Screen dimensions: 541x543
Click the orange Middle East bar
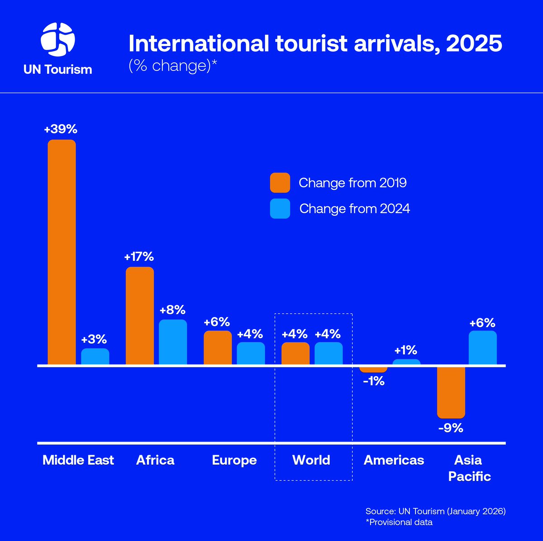click(x=62, y=252)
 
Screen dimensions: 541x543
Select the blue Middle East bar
click(x=95, y=356)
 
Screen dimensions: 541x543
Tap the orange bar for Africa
click(x=140, y=315)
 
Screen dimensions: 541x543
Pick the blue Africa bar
click(x=173, y=342)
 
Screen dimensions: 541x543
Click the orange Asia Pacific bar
click(x=451, y=392)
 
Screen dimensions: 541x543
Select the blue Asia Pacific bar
click(x=483, y=347)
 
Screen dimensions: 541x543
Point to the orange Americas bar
click(x=373, y=369)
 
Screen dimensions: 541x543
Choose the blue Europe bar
click(x=251, y=353)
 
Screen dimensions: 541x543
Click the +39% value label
click(x=61, y=129)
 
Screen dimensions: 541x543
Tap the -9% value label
click(x=451, y=428)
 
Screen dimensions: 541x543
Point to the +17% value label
click(x=139, y=257)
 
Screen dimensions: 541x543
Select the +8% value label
click(x=172, y=310)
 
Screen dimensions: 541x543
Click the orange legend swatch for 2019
click(x=280, y=183)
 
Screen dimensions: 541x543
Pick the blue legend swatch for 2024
click(x=280, y=208)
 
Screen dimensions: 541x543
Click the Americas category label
click(x=394, y=460)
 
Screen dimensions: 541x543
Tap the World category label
click(x=311, y=460)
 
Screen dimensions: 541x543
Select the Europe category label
click(x=234, y=460)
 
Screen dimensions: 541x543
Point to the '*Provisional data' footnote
click(x=399, y=522)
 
